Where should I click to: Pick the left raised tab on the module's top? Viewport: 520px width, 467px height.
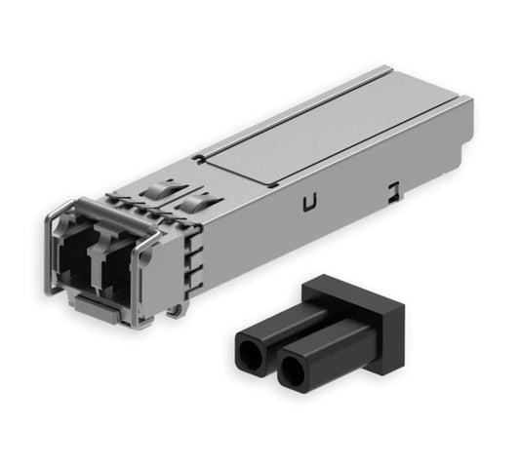tap(153, 189)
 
